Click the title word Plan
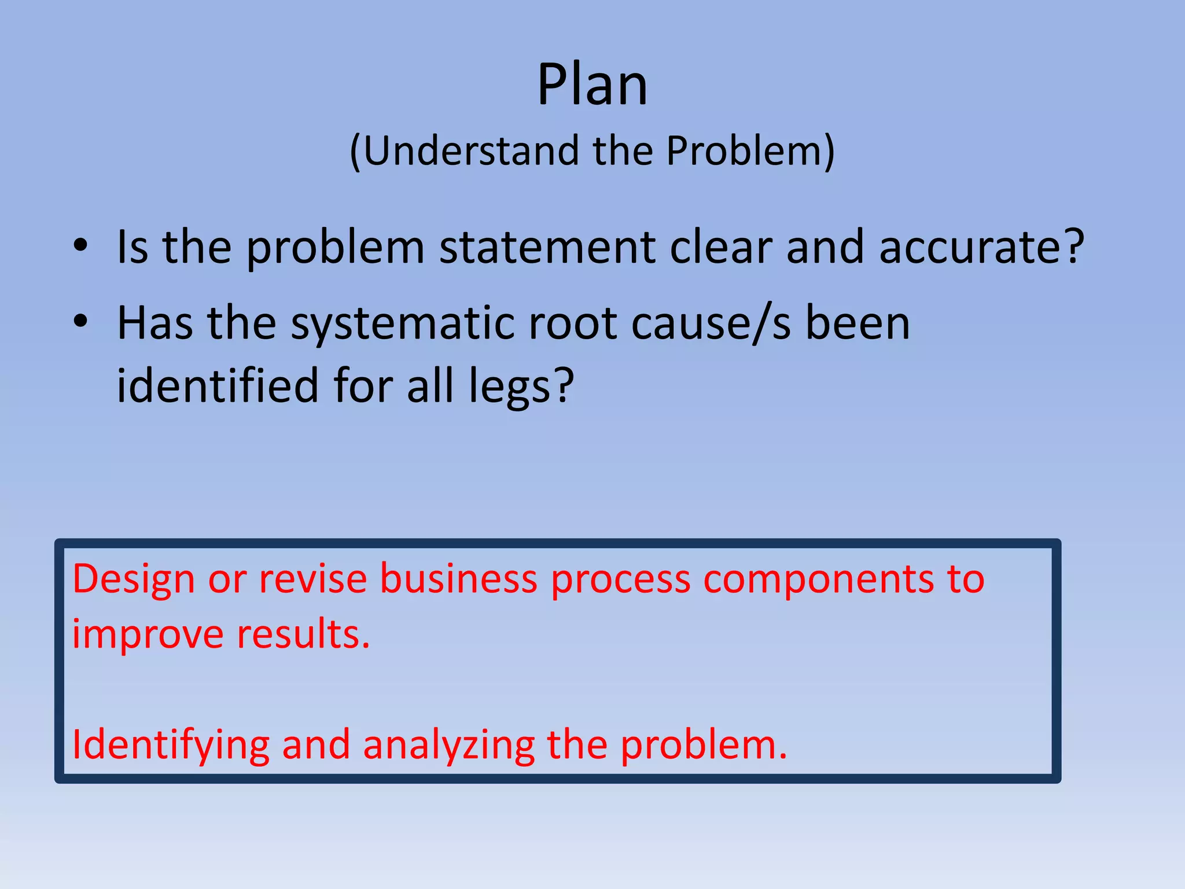[x=592, y=85]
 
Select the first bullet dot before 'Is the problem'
[x=80, y=246]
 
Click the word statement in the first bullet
[x=547, y=247]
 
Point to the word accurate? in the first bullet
[x=981, y=247]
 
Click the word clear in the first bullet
[x=721, y=247]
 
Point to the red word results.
[x=303, y=634]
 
